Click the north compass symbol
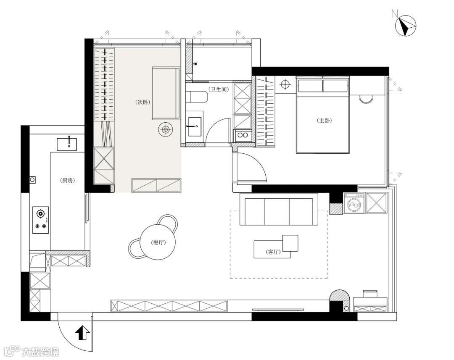406,26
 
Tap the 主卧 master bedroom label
324,121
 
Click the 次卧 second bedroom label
143,102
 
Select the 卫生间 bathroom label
219,89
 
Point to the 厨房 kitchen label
68,181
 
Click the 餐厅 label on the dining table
158,242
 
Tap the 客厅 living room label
273,252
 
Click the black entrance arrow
83,332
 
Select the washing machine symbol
354,203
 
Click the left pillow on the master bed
310,86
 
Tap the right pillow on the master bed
335,86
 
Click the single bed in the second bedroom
166,93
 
